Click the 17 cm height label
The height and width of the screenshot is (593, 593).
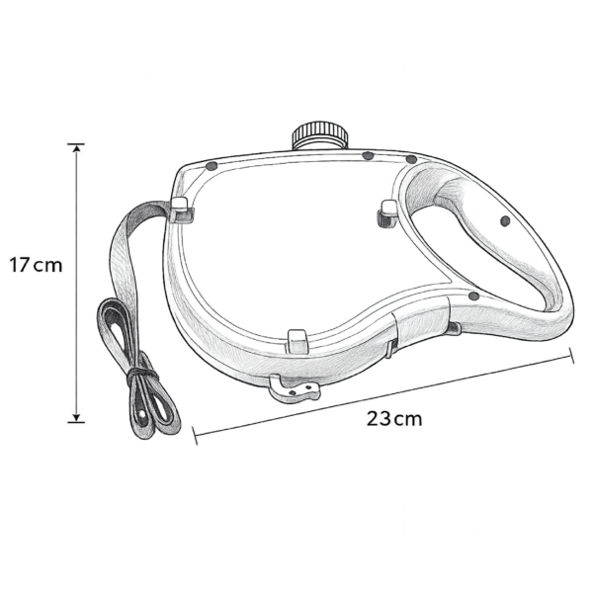(36, 265)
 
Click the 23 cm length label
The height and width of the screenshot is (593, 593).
(394, 419)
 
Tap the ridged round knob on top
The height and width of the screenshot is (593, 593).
(320, 135)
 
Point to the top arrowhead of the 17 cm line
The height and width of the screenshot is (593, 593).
(77, 148)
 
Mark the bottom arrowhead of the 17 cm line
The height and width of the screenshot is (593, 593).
(77, 418)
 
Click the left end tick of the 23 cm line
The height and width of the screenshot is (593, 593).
(195, 436)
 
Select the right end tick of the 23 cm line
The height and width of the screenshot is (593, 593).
(572, 355)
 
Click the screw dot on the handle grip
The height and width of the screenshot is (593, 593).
(505, 221)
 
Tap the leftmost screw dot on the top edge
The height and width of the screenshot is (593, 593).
(212, 166)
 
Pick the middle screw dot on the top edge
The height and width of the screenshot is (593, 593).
(368, 155)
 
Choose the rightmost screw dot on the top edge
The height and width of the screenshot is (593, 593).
(411, 159)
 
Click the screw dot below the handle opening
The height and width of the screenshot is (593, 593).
(473, 296)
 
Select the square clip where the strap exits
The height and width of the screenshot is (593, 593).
(181, 211)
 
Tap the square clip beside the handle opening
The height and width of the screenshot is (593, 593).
(387, 213)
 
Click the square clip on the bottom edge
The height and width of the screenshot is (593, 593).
(298, 341)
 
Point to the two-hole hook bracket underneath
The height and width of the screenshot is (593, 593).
(295, 389)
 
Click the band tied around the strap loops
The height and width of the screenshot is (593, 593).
(141, 376)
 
